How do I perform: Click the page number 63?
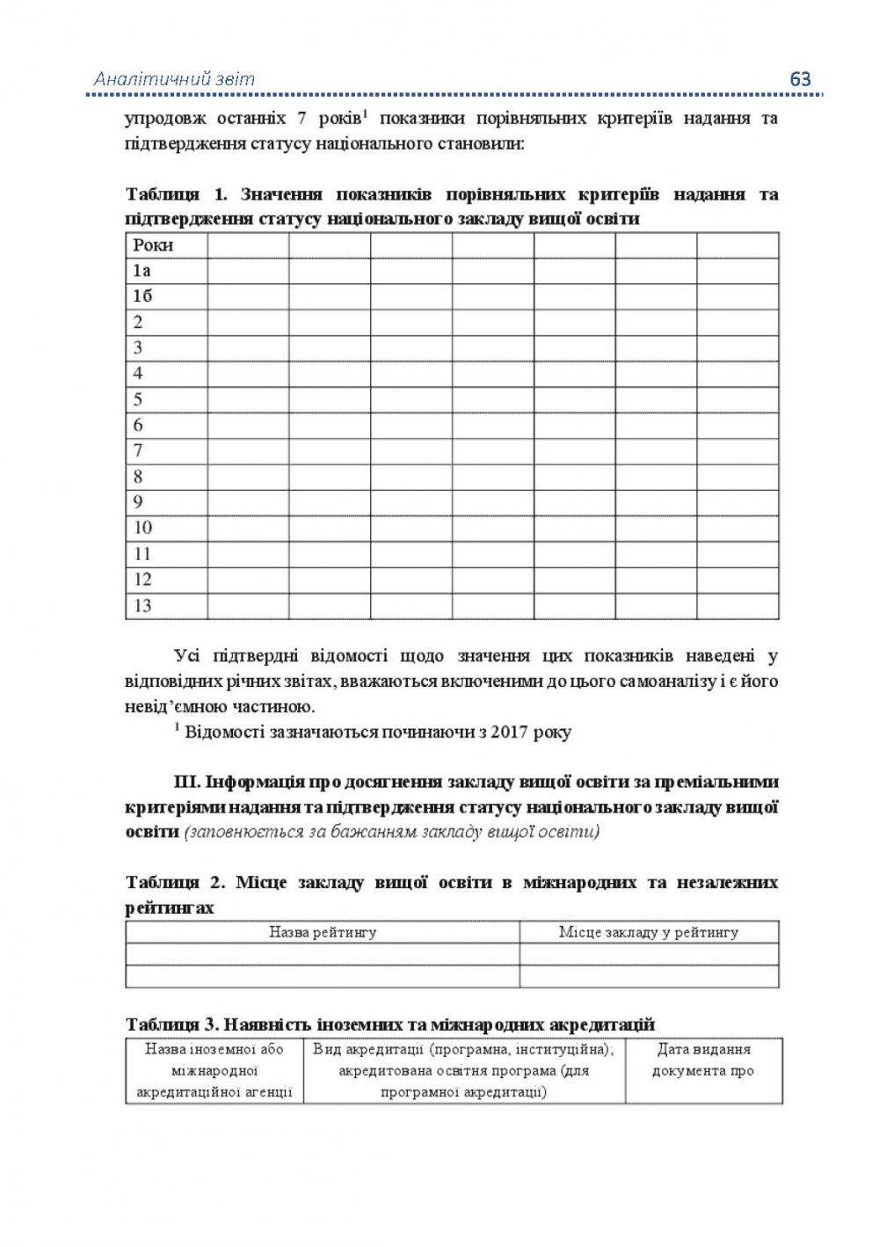(x=800, y=78)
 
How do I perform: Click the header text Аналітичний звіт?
(x=174, y=79)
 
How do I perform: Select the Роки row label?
(x=153, y=245)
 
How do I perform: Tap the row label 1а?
(x=142, y=271)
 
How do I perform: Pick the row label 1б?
(x=142, y=296)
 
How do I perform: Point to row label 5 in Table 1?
(x=138, y=399)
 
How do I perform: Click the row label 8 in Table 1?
(x=138, y=477)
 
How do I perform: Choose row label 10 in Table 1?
(x=142, y=528)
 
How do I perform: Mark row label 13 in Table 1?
(x=142, y=605)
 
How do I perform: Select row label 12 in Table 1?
(x=142, y=580)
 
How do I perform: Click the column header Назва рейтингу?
(x=323, y=932)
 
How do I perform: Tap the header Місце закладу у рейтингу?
(x=649, y=932)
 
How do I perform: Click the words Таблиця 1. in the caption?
(x=176, y=194)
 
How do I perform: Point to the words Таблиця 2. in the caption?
(x=176, y=883)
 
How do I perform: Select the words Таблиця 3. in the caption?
(x=171, y=1025)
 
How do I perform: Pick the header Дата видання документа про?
(x=703, y=1061)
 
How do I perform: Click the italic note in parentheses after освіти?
(x=391, y=832)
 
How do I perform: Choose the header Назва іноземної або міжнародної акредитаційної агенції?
(x=214, y=1071)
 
